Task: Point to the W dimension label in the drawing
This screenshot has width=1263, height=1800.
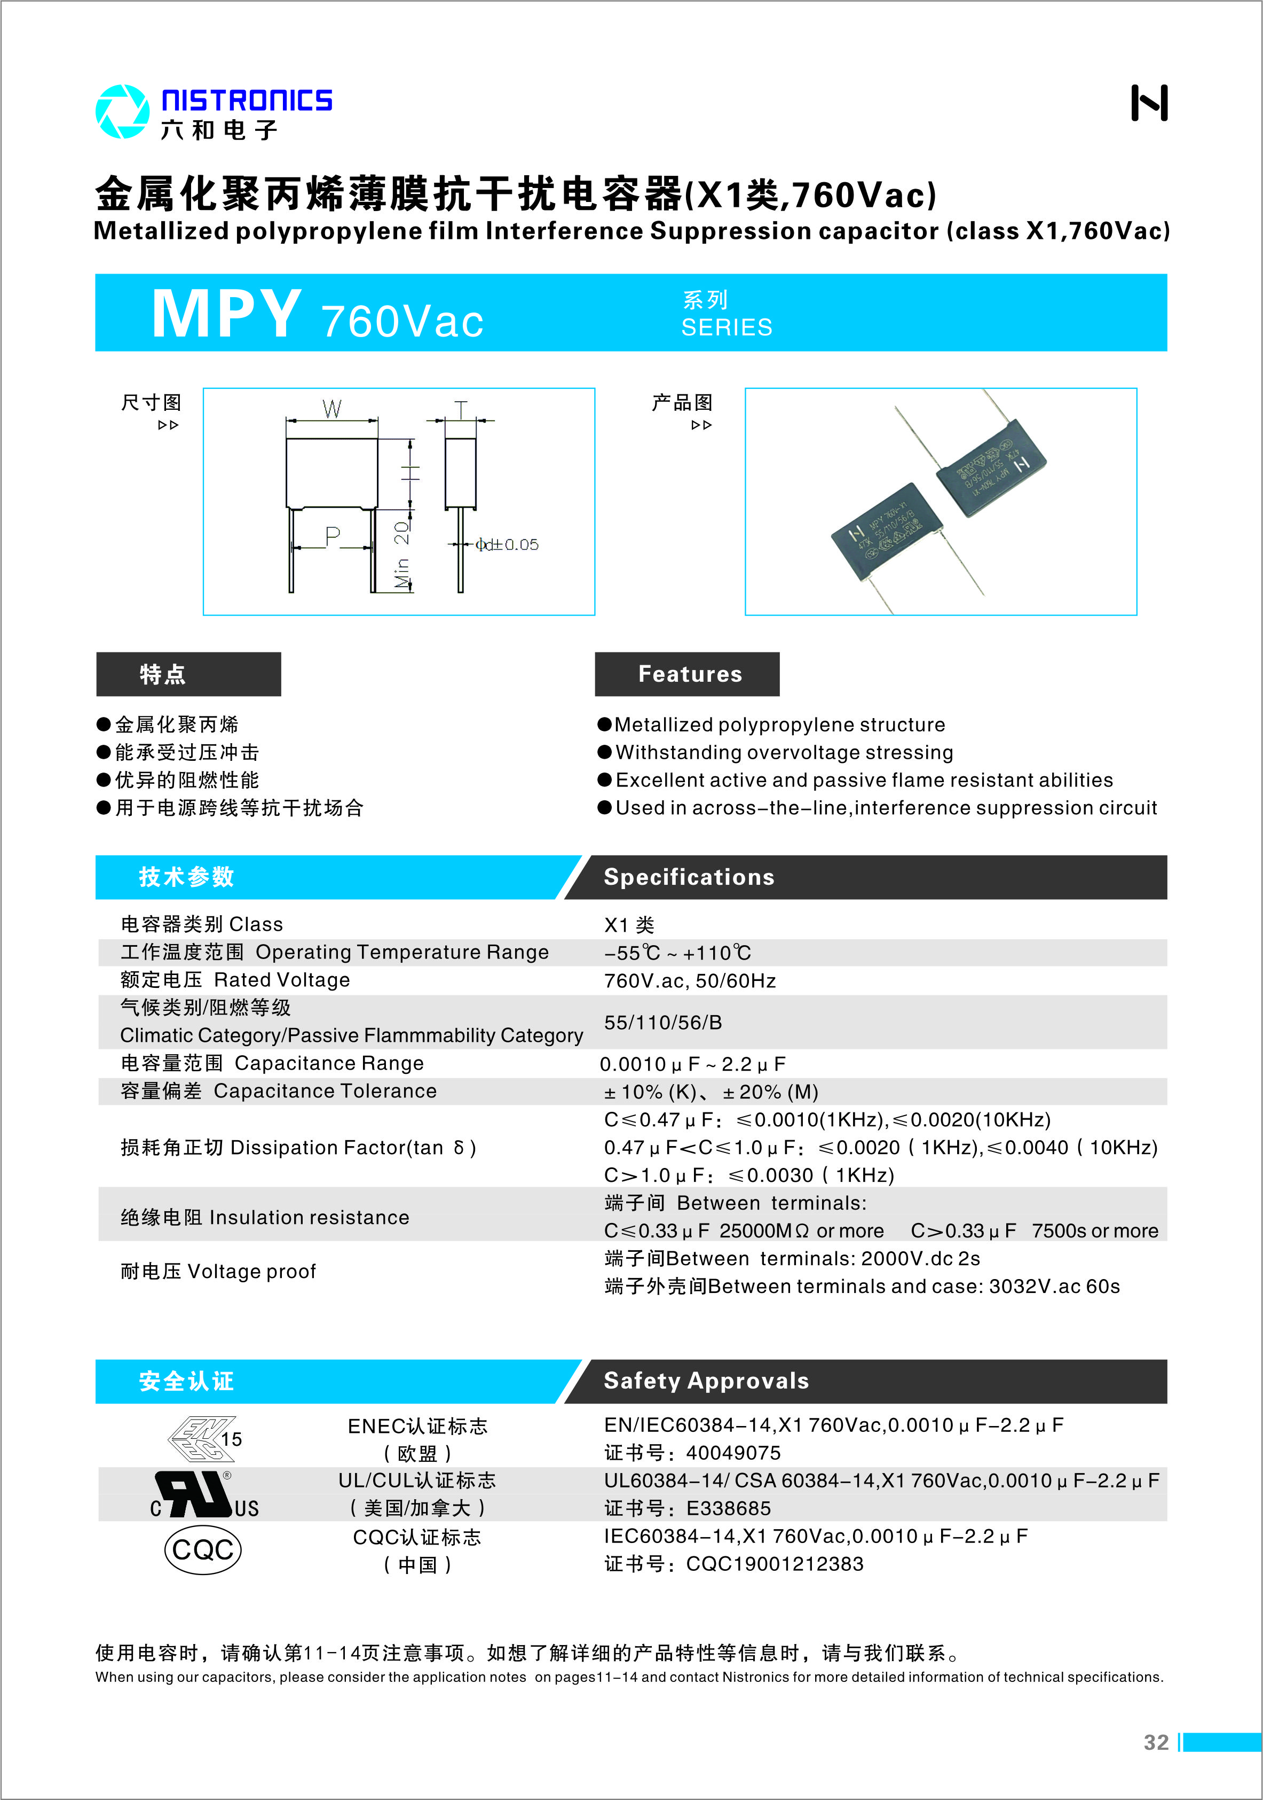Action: [331, 408]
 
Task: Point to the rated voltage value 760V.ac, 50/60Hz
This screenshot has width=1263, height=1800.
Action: [690, 981]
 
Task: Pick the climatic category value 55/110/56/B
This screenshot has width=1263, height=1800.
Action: [663, 1022]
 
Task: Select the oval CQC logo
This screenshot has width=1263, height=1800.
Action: [203, 1550]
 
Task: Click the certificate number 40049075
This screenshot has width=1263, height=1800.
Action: [733, 1453]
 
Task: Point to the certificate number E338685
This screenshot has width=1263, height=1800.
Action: [729, 1508]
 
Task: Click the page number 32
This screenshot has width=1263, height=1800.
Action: [1156, 1742]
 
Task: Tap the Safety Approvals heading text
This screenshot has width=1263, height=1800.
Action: [706, 1381]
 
